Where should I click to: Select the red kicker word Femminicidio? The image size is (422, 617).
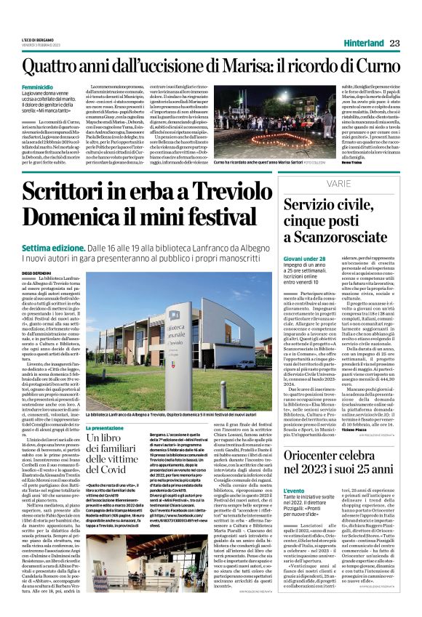39,88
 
